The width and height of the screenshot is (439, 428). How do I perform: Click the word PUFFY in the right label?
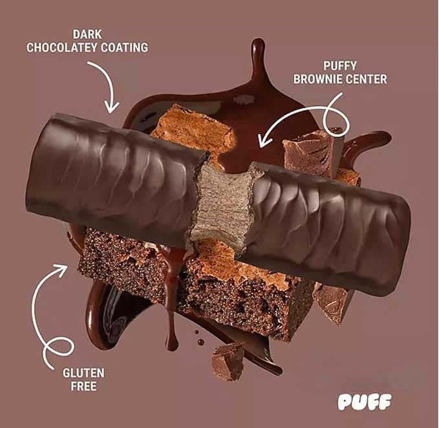[x=340, y=66]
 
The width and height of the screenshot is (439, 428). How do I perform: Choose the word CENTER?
[x=365, y=80]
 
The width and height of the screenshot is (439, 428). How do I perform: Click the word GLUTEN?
[x=83, y=373]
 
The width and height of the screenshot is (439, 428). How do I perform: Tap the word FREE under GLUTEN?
[x=83, y=386]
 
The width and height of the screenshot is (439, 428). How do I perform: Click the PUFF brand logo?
[x=365, y=402]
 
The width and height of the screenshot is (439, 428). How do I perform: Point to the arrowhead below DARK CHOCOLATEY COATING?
[x=111, y=108]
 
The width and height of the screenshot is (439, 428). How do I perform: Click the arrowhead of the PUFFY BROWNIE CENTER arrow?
[x=263, y=140]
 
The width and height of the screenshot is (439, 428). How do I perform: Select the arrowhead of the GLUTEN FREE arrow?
[x=61, y=268]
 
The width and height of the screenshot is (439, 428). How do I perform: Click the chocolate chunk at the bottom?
[x=228, y=361]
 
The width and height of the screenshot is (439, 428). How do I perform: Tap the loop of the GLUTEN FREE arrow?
[x=58, y=347]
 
